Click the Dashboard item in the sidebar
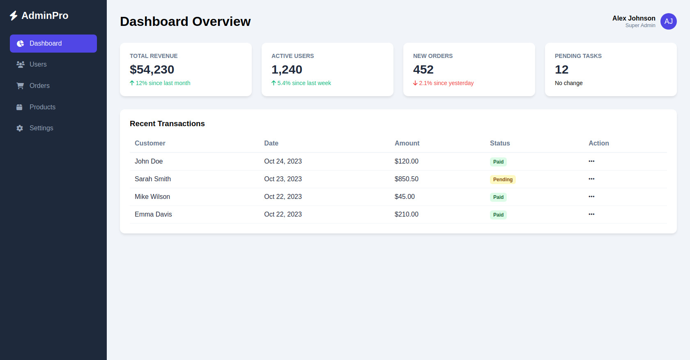pyautogui.click(x=53, y=44)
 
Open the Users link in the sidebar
pyautogui.click(x=38, y=65)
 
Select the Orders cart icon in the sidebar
pyautogui.click(x=20, y=86)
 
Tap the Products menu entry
pyautogui.click(x=42, y=107)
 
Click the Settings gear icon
pyautogui.click(x=20, y=128)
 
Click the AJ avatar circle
pyautogui.click(x=668, y=21)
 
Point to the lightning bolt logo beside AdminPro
pyautogui.click(x=14, y=16)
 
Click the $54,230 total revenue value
pyautogui.click(x=152, y=69)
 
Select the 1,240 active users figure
pyautogui.click(x=287, y=69)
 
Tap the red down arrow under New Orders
pyautogui.click(x=415, y=83)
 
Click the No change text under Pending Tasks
pyautogui.click(x=568, y=83)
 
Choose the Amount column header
pyautogui.click(x=407, y=143)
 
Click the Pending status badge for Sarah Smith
pyautogui.click(x=503, y=180)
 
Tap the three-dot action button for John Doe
pyautogui.click(x=591, y=162)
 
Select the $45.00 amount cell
pyautogui.click(x=405, y=197)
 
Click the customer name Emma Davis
pyautogui.click(x=153, y=215)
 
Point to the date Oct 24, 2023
pyautogui.click(x=283, y=162)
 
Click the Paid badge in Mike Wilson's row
pyautogui.click(x=498, y=197)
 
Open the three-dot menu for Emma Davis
pyautogui.click(x=591, y=215)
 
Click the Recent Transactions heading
pyautogui.click(x=167, y=124)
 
